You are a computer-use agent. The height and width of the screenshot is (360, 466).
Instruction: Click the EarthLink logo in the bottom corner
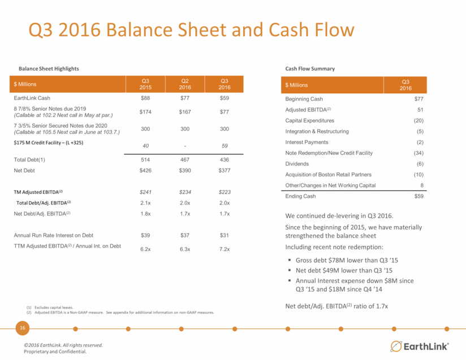coord(419,346)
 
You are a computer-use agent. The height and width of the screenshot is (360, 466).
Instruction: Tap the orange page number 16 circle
coord(23,328)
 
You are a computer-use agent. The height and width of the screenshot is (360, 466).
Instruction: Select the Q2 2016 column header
coord(185,84)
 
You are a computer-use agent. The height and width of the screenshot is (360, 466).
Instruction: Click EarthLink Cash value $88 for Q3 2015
coord(145,98)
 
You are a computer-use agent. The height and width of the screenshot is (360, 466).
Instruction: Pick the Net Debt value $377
coord(225,171)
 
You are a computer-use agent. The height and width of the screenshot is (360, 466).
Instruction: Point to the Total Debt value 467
coord(185,160)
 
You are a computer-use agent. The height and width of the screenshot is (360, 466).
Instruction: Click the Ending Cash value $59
coord(419,196)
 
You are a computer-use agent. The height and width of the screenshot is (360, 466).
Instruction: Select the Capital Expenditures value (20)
coord(418,120)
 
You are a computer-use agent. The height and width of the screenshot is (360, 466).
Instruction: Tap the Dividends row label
coord(297,164)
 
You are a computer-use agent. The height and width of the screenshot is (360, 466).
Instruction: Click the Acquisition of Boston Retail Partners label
coord(329,175)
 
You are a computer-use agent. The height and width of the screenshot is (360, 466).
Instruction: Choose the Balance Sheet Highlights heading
coord(49,68)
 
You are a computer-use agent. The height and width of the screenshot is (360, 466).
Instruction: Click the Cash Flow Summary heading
coord(310,68)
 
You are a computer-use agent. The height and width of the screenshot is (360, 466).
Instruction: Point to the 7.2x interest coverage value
coord(225,249)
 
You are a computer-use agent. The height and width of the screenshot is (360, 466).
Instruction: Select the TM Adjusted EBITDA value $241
coord(145,192)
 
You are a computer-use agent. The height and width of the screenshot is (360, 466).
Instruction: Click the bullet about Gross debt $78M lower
coord(347,260)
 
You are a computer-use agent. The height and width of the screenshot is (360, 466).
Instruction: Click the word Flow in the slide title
coord(334,30)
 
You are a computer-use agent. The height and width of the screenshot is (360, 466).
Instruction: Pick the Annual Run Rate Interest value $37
coord(185,235)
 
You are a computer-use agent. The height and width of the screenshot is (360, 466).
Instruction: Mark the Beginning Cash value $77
coord(419,99)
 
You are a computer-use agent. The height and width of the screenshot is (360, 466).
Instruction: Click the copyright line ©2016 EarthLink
coord(63,345)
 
